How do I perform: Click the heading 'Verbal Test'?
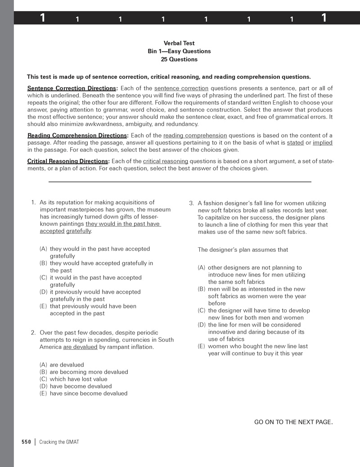tap(179, 43)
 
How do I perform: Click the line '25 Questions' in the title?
tap(179, 59)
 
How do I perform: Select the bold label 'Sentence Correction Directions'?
tap(72, 88)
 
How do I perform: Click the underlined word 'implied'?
tap(323, 143)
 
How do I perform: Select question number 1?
tap(33, 203)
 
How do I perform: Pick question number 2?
tap(33, 333)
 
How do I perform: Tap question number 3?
tap(191, 203)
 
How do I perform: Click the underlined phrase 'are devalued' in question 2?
tap(80, 347)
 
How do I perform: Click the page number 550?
tap(26, 442)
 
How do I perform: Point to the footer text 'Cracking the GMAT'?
tap(59, 442)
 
